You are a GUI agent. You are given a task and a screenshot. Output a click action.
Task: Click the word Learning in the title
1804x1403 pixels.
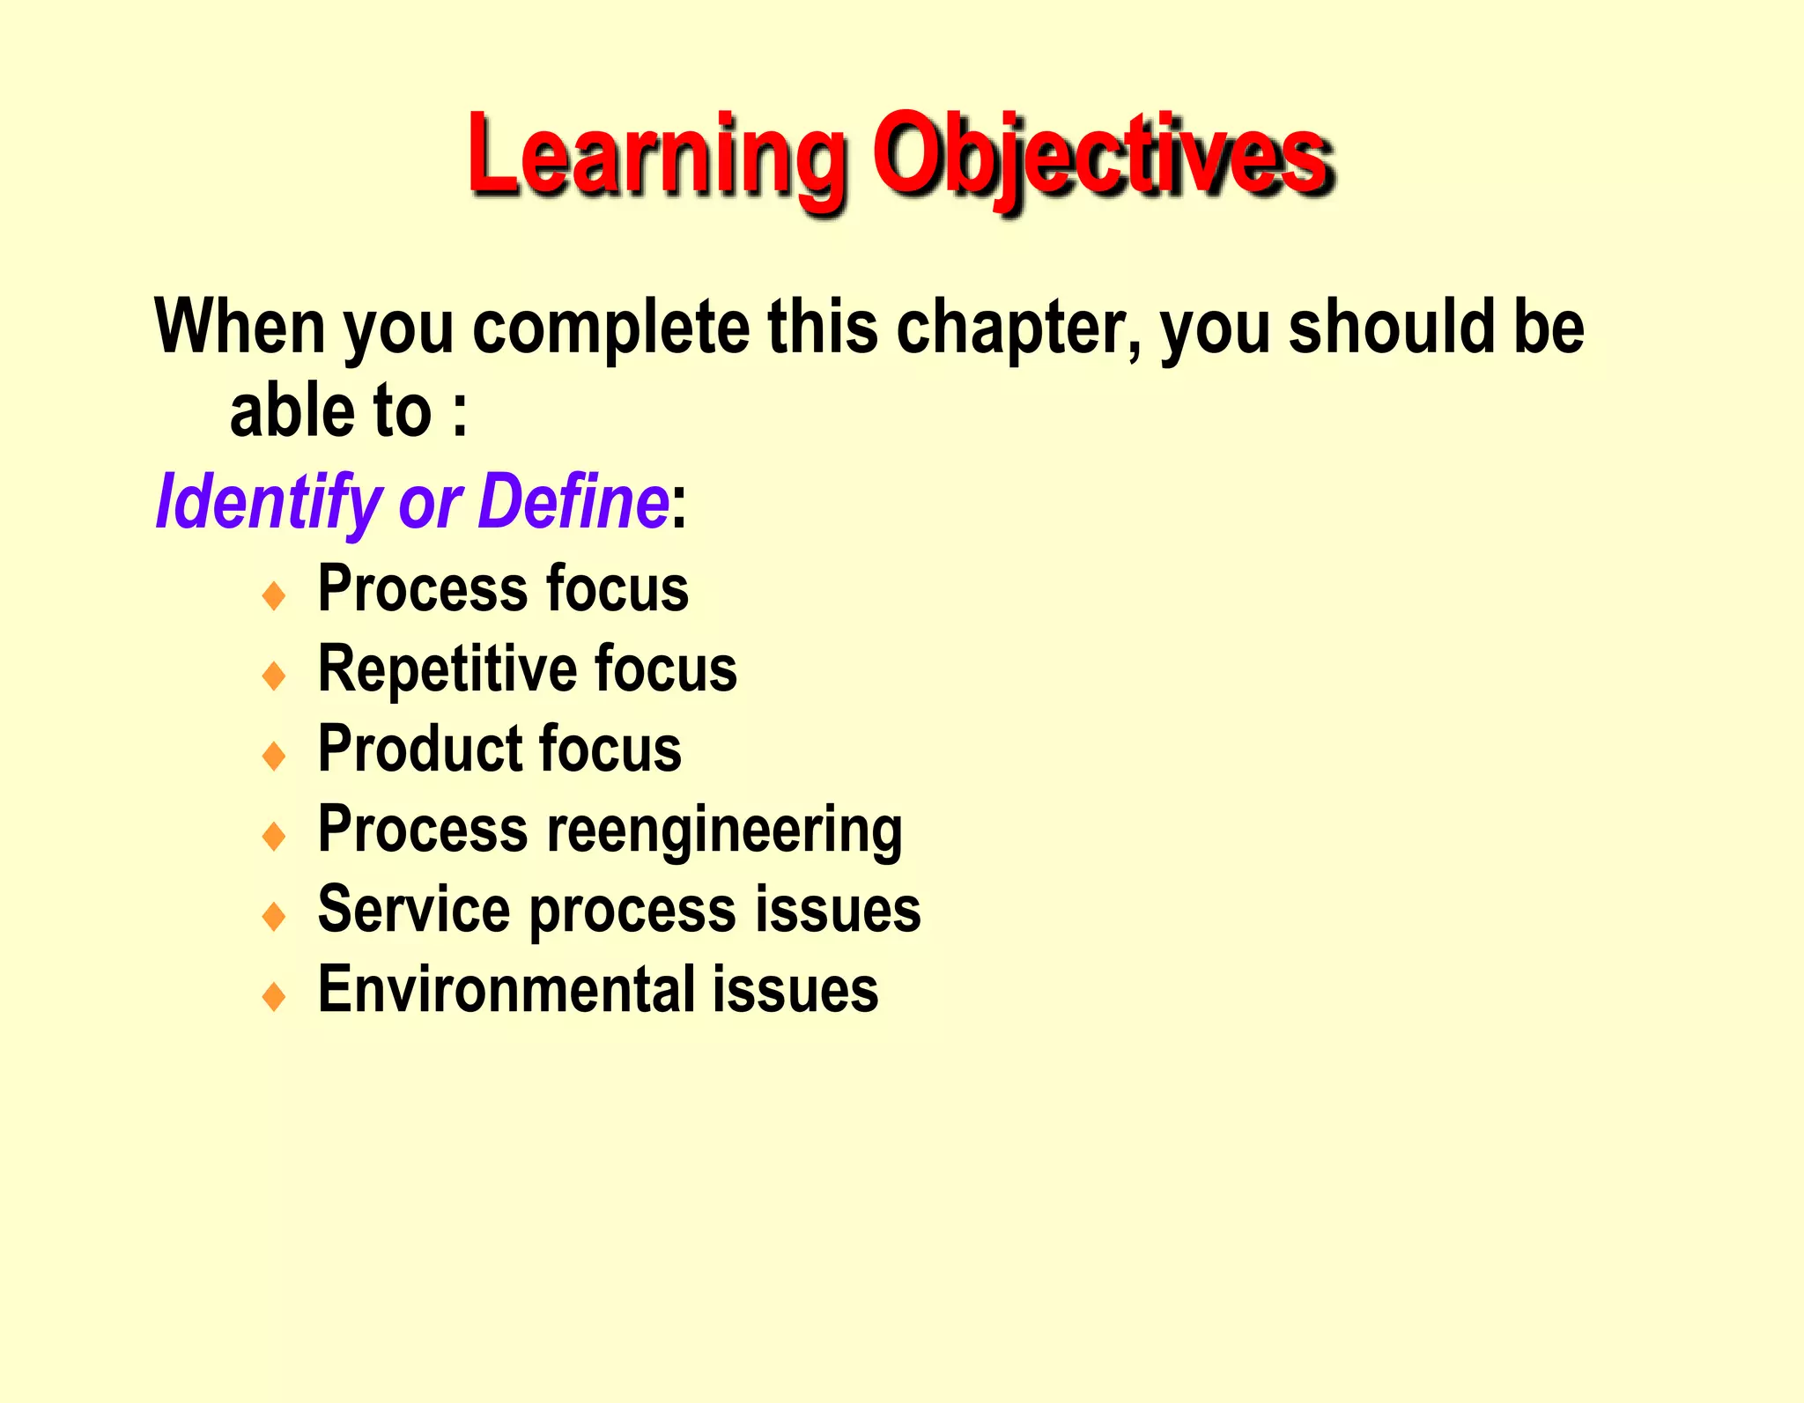point(656,157)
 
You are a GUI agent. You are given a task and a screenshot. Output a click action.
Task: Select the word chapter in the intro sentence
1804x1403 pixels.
point(1017,328)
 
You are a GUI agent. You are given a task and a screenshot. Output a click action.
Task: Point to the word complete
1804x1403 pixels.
point(611,328)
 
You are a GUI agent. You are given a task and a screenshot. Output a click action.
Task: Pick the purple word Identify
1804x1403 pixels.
point(270,502)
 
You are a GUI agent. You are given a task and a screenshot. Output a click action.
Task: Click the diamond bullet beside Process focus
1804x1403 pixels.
point(275,595)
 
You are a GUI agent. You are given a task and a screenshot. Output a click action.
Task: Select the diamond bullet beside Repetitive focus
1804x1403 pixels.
point(275,676)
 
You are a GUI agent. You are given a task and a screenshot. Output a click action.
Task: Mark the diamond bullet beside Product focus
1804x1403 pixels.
point(275,756)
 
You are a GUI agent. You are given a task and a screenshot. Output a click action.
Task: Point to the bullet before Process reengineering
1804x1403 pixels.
point(275,836)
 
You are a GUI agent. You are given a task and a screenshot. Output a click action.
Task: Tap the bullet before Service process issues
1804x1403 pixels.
point(275,916)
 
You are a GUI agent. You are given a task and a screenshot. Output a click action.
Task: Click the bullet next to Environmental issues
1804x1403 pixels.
point(275,996)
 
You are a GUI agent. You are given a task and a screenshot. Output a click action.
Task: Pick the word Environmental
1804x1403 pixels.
point(506,990)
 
